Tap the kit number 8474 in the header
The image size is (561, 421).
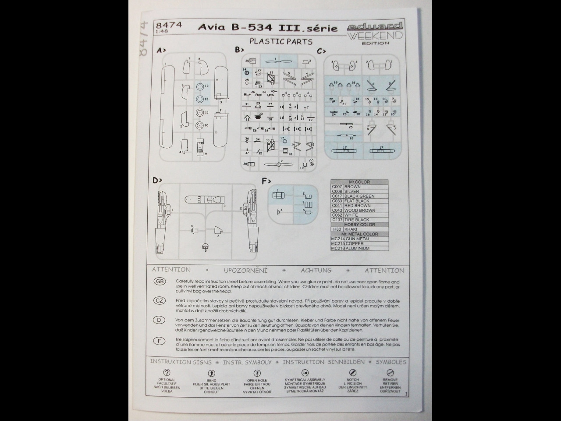[168, 25]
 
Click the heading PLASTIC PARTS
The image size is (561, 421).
[281, 42]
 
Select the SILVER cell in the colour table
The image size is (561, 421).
[352, 192]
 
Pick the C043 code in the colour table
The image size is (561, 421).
[337, 210]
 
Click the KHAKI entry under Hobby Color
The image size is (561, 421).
[351, 229]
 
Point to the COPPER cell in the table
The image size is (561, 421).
[355, 243]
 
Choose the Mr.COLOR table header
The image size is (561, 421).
[359, 182]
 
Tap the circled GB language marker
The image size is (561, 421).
[159, 282]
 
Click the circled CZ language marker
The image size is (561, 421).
[159, 300]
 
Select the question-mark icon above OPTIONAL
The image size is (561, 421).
[167, 373]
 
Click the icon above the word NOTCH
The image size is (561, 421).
[352, 373]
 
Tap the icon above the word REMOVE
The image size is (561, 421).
[390, 373]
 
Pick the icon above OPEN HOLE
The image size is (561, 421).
[257, 373]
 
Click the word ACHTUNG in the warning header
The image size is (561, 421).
[316, 270]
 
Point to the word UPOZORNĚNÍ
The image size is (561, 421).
[245, 271]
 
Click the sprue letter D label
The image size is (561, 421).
[157, 180]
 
